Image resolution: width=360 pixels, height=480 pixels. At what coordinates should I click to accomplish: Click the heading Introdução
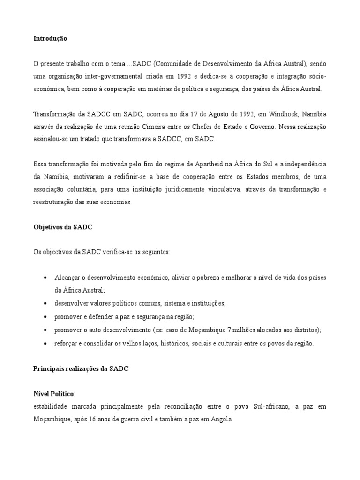click(50, 39)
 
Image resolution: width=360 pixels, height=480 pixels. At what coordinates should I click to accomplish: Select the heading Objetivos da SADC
click(63, 227)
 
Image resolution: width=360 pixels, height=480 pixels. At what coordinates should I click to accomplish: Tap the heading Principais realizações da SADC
click(81, 369)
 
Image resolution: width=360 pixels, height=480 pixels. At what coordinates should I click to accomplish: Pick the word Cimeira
click(175, 126)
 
